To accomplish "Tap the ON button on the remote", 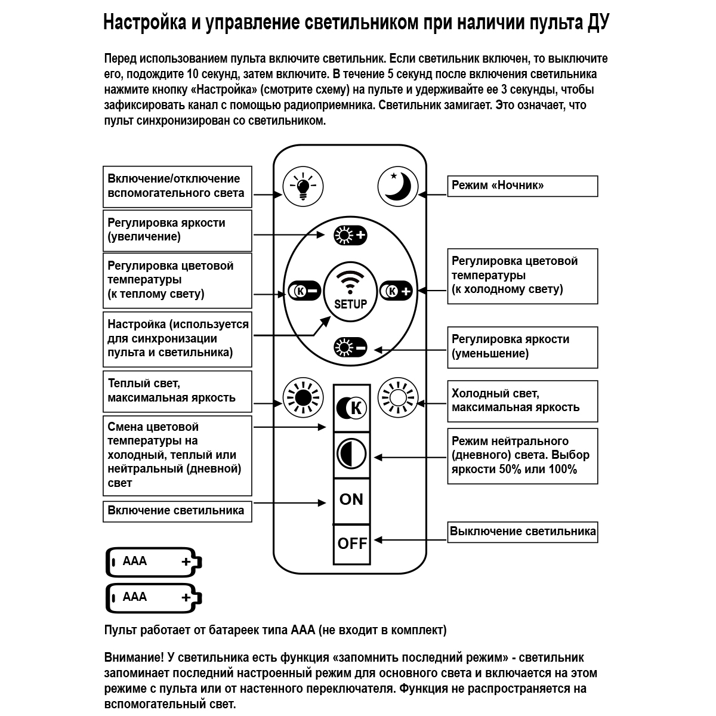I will (351, 499).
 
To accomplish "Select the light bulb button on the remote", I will (303, 186).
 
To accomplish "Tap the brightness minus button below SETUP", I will (350, 347).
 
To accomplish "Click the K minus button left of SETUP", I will (304, 291).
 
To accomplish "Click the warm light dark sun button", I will (303, 397).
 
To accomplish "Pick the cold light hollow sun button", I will (397, 397).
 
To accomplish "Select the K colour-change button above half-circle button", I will (351, 408).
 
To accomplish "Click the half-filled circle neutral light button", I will (351, 455).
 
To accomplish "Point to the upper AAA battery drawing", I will (154, 561).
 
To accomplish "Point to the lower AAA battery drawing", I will (154, 597).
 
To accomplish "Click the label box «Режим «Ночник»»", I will (523, 186).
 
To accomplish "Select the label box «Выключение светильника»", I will (523, 532).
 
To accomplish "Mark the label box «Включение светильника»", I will (177, 511).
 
